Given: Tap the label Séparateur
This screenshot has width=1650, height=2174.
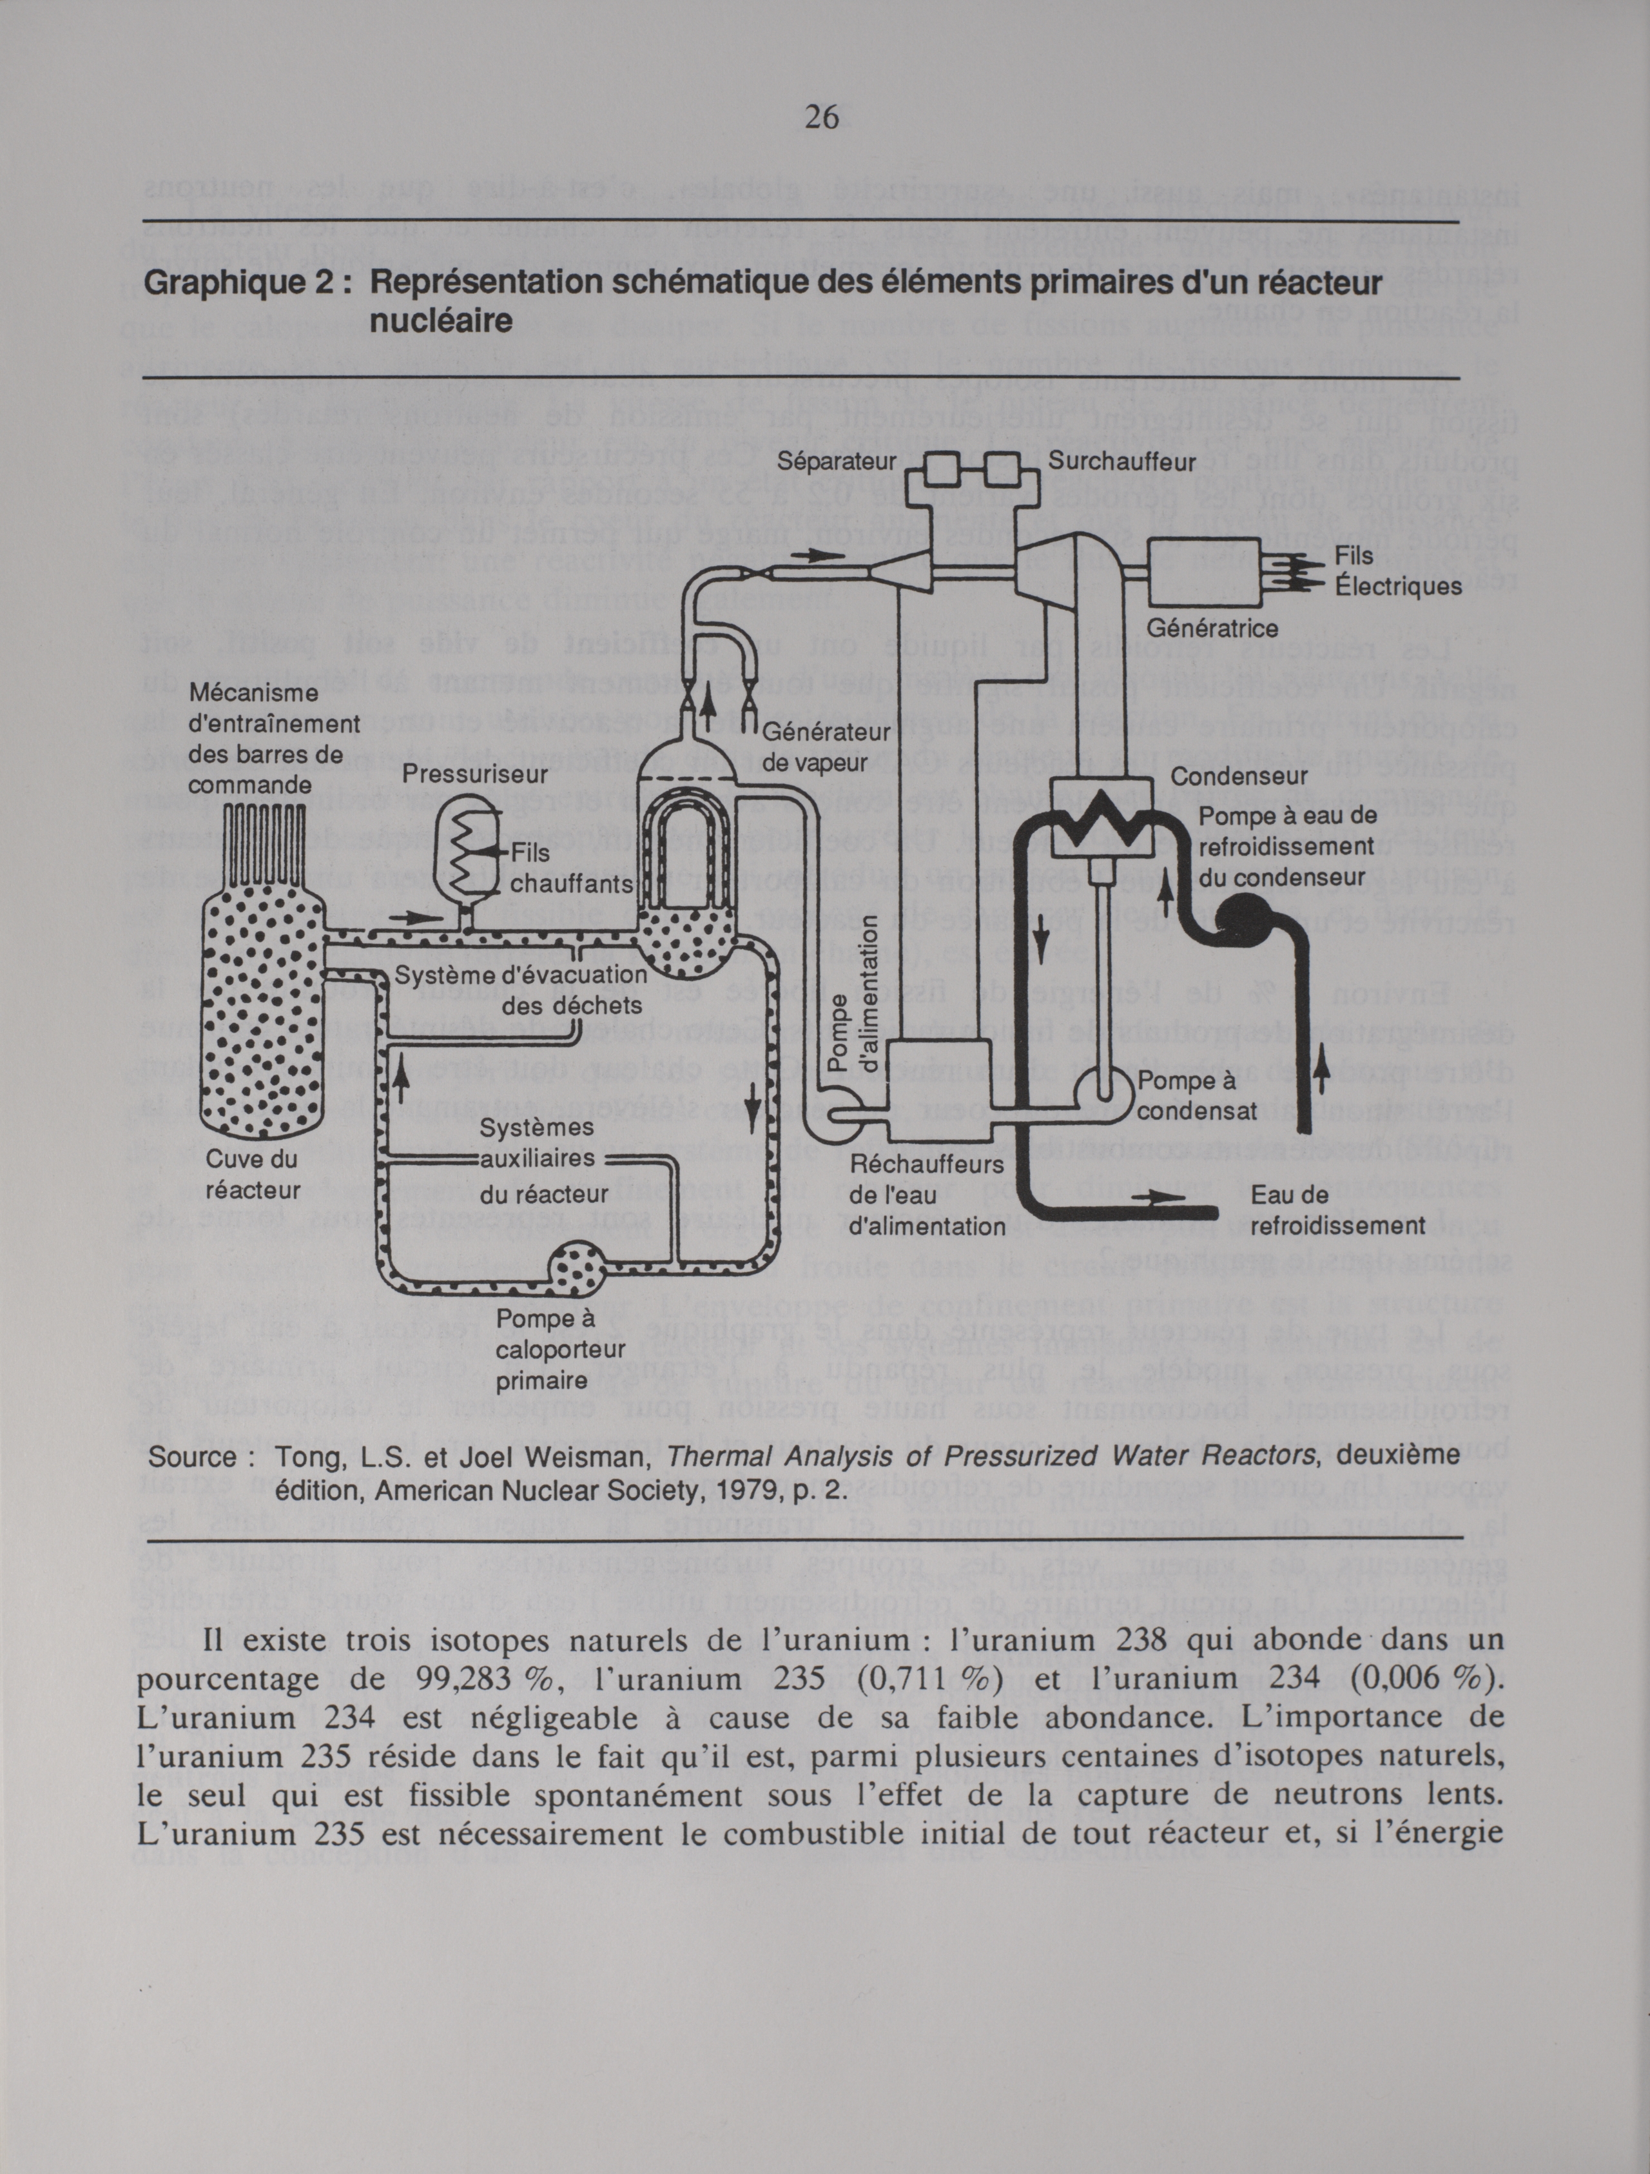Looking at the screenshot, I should click(837, 461).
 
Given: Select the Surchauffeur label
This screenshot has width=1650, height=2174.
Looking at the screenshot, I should click(1121, 461).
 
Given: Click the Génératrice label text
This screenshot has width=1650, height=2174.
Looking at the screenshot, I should click(1213, 628).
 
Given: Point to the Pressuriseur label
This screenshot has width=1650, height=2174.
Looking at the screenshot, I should click(474, 774).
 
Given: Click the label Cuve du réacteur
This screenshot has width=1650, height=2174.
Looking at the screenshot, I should click(253, 1175).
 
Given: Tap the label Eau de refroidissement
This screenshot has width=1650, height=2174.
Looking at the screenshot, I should click(1337, 1211).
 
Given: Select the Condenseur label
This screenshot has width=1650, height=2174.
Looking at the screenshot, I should click(1238, 776).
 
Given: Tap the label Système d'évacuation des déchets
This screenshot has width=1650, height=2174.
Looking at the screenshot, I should click(521, 990).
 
